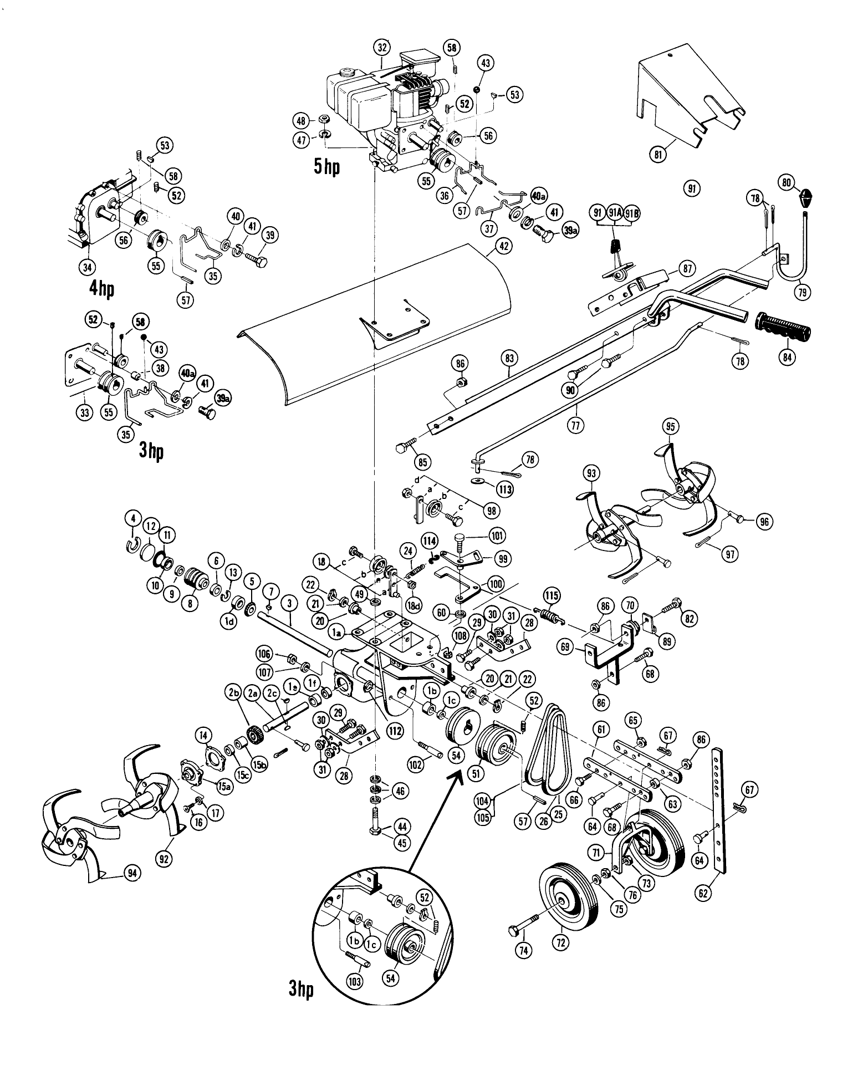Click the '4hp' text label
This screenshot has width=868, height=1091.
tap(101, 290)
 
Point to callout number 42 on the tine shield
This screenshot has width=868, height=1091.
tap(503, 246)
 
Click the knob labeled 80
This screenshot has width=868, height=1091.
tap(806, 196)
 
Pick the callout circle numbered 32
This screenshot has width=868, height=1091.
tap(382, 48)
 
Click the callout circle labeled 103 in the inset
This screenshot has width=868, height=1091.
tap(354, 982)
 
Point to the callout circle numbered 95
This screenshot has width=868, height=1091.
tap(670, 427)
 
